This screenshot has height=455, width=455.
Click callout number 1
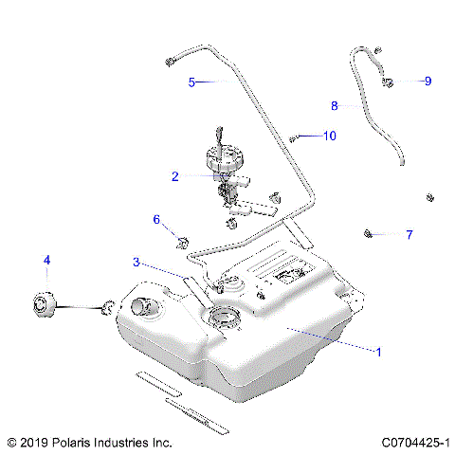tap(379, 352)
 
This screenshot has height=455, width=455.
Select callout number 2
tap(175, 176)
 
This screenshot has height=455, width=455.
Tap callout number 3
tap(136, 263)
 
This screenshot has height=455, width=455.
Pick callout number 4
tap(46, 259)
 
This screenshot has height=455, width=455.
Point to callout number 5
tap(191, 82)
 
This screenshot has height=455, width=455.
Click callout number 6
tap(157, 220)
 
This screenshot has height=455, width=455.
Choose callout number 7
tap(409, 234)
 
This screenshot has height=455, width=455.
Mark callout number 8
tap(334, 105)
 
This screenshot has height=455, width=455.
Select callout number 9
tap(428, 82)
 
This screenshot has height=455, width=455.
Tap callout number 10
tap(329, 136)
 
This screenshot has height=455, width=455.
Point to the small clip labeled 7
tap(368, 232)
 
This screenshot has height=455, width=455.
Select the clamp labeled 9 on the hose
tap(390, 83)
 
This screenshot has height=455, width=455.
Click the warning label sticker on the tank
tap(285, 275)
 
